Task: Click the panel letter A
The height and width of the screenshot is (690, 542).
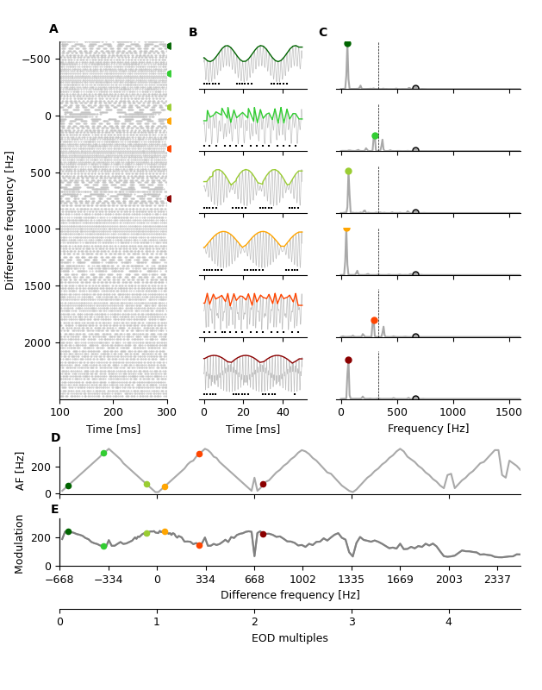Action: point(53,29)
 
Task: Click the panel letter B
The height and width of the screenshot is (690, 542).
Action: point(193,33)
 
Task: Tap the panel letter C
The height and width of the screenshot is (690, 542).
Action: point(322,33)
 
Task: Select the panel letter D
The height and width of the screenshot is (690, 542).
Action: point(55,438)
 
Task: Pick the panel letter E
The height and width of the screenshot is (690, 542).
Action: point(55,510)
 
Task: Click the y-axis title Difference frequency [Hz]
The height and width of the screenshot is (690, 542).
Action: point(10,220)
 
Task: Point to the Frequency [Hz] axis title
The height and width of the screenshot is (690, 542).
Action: point(428,429)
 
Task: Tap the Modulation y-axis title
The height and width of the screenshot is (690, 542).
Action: point(20,543)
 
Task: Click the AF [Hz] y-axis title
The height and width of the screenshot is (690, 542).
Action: point(20,470)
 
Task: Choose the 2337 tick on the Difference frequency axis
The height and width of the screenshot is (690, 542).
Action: point(497,580)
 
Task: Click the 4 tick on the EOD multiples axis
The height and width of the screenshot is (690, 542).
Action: point(448,622)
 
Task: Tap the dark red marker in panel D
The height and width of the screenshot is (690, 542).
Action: point(263,484)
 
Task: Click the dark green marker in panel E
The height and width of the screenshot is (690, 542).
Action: point(68,532)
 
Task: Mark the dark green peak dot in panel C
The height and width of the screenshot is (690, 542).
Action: point(347,43)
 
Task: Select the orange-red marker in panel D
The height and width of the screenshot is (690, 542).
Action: point(199,454)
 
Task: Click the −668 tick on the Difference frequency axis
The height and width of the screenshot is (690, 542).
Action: point(59,580)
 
